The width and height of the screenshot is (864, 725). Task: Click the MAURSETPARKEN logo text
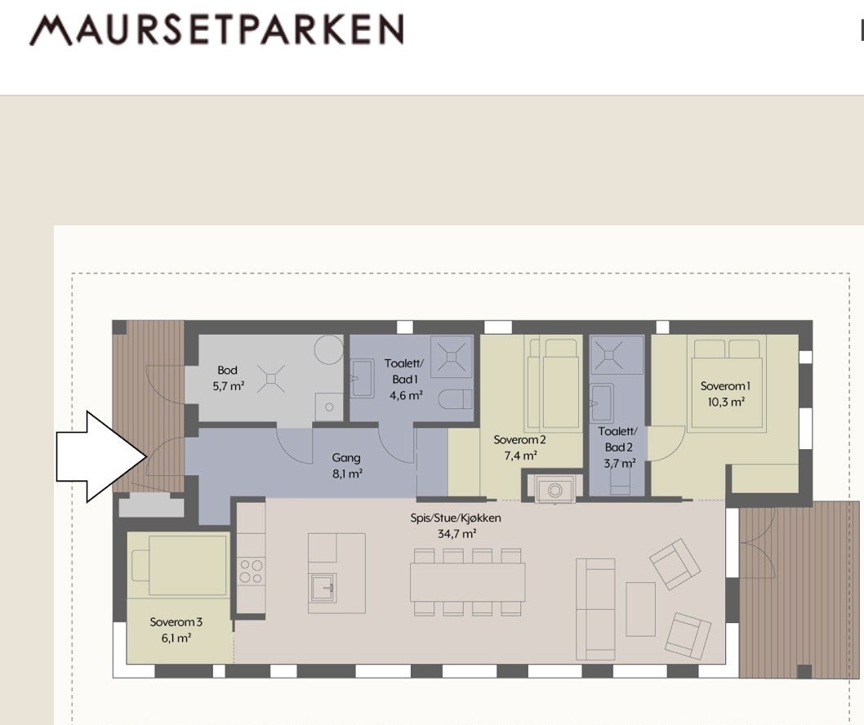216,30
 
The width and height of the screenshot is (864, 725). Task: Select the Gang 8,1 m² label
347,465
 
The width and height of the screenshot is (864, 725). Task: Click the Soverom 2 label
519,447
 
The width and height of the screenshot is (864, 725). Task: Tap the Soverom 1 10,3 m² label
724,394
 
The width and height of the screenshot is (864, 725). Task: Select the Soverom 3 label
176,629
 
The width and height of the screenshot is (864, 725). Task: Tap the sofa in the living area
595,608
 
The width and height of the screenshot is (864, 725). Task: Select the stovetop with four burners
252,571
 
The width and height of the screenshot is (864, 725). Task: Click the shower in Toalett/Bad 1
452,355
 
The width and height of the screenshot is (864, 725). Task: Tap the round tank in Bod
331,349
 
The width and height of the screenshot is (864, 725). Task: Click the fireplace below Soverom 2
555,489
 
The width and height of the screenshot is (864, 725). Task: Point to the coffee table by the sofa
640,608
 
